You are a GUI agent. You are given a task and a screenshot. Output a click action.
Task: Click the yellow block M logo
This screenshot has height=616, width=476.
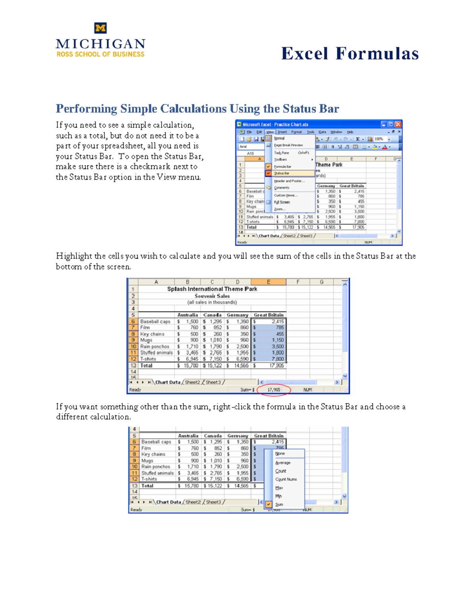pyautogui.click(x=100, y=28)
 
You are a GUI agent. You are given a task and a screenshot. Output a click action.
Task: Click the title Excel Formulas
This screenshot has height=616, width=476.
pyautogui.click(x=350, y=54)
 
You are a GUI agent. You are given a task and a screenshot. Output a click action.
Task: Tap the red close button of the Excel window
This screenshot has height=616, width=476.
pyautogui.click(x=398, y=124)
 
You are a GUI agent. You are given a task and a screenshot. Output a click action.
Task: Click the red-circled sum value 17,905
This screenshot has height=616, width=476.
pyautogui.click(x=274, y=390)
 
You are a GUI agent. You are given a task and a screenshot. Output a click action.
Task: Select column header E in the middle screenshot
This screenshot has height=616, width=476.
pyautogui.click(x=269, y=282)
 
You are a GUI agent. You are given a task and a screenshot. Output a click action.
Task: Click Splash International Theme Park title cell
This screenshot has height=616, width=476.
pyautogui.click(x=212, y=289)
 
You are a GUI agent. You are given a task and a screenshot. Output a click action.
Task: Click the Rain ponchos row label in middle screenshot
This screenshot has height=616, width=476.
pyautogui.click(x=155, y=347)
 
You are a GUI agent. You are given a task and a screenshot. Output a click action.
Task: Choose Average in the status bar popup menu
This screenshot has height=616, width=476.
pyautogui.click(x=282, y=462)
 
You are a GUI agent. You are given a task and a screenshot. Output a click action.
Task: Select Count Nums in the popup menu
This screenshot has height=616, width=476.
pyautogui.click(x=286, y=479)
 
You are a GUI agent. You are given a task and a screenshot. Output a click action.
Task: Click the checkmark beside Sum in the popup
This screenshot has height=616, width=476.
pyautogui.click(x=269, y=505)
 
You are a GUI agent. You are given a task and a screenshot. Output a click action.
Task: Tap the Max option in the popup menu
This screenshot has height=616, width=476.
pyautogui.click(x=279, y=488)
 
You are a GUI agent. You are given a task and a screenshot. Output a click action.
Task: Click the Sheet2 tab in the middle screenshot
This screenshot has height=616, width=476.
pyautogui.click(x=192, y=382)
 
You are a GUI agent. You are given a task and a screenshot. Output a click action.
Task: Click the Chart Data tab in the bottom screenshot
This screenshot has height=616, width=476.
pyautogui.click(x=168, y=502)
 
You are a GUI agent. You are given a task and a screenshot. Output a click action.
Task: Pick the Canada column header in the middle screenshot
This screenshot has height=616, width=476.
pyautogui.click(x=212, y=315)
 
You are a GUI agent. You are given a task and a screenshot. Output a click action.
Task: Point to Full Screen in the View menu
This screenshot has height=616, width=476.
pyautogui.click(x=282, y=202)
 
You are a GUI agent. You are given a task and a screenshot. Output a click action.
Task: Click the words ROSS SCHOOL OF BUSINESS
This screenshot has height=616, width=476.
pyautogui.click(x=100, y=54)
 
